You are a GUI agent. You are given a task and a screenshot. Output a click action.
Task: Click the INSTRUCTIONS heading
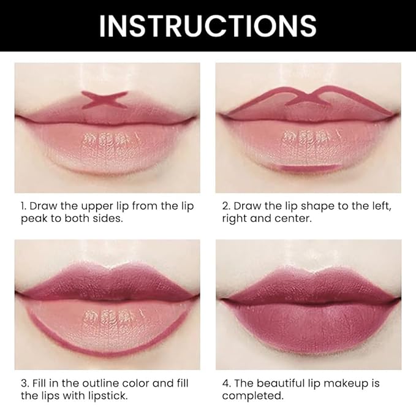(x=208, y=26)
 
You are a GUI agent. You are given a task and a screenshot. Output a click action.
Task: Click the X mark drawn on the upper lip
(x=105, y=100)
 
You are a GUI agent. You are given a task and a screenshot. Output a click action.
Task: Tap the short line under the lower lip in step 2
(x=308, y=168)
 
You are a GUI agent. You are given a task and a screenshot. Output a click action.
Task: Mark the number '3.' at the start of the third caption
(x=23, y=383)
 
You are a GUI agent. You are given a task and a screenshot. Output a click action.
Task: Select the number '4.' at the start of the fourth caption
(x=225, y=383)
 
